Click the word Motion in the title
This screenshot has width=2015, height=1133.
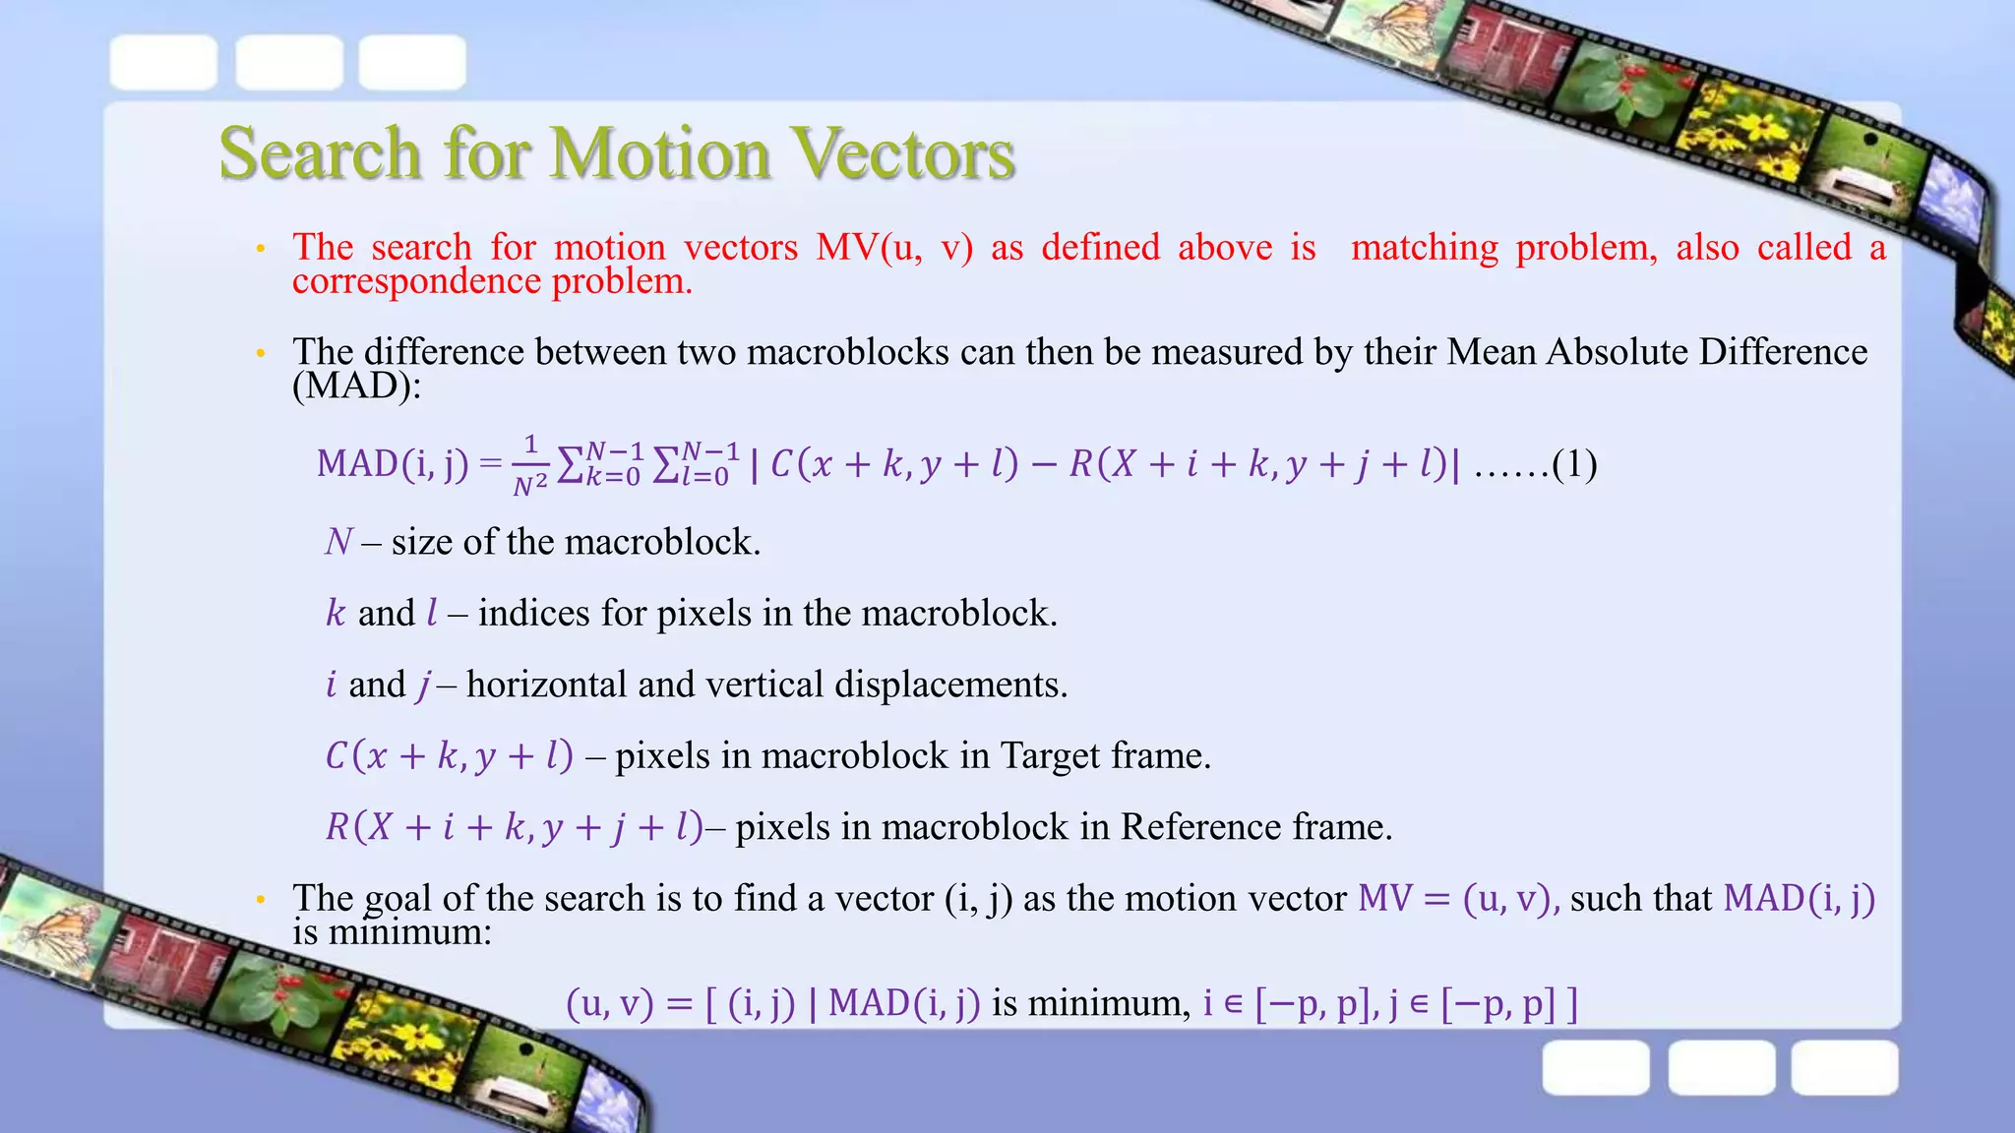point(659,153)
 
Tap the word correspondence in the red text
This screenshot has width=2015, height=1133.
point(416,281)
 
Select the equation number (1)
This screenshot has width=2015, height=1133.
point(1574,463)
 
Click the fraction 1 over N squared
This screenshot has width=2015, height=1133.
point(530,464)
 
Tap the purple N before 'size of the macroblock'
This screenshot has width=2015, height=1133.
point(338,542)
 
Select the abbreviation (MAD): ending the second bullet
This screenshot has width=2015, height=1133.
point(356,386)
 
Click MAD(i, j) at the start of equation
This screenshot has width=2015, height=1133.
point(393,463)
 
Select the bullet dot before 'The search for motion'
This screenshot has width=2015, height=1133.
point(261,249)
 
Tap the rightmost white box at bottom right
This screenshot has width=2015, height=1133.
point(1844,1067)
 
